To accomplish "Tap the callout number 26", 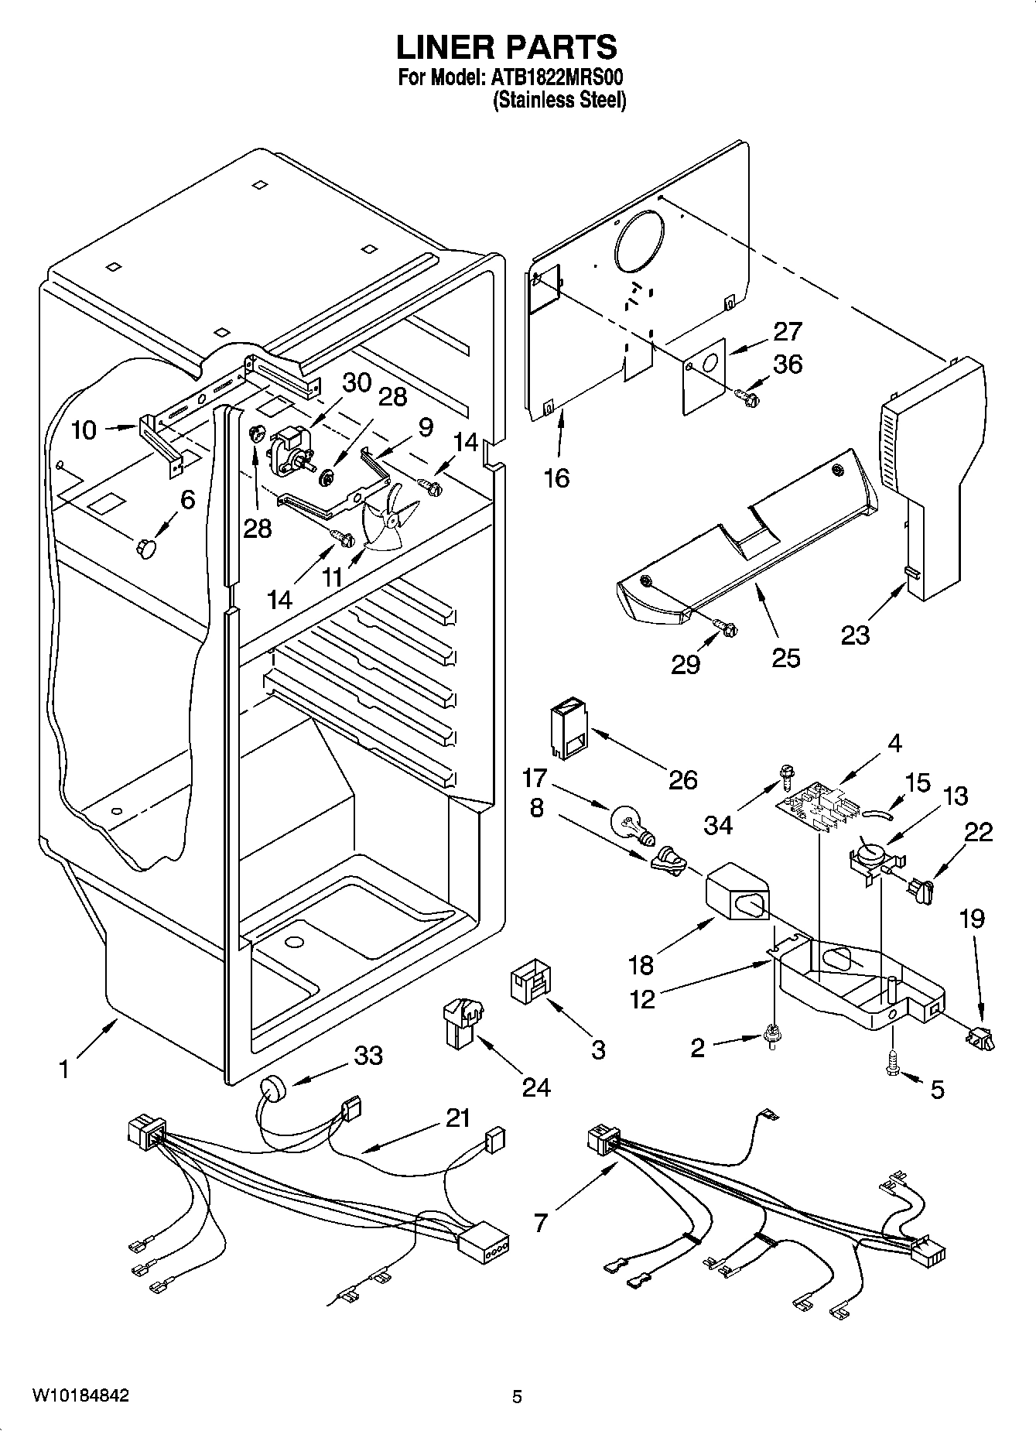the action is [x=682, y=779].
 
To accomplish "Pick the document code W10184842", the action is [x=80, y=1396].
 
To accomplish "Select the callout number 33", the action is [x=368, y=1055].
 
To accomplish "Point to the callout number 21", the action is [x=458, y=1118].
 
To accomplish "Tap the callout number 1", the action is [x=64, y=1070].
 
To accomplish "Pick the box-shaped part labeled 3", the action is [x=529, y=983].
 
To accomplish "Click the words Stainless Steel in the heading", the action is [x=559, y=100].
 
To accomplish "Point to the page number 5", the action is [x=518, y=1397].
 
